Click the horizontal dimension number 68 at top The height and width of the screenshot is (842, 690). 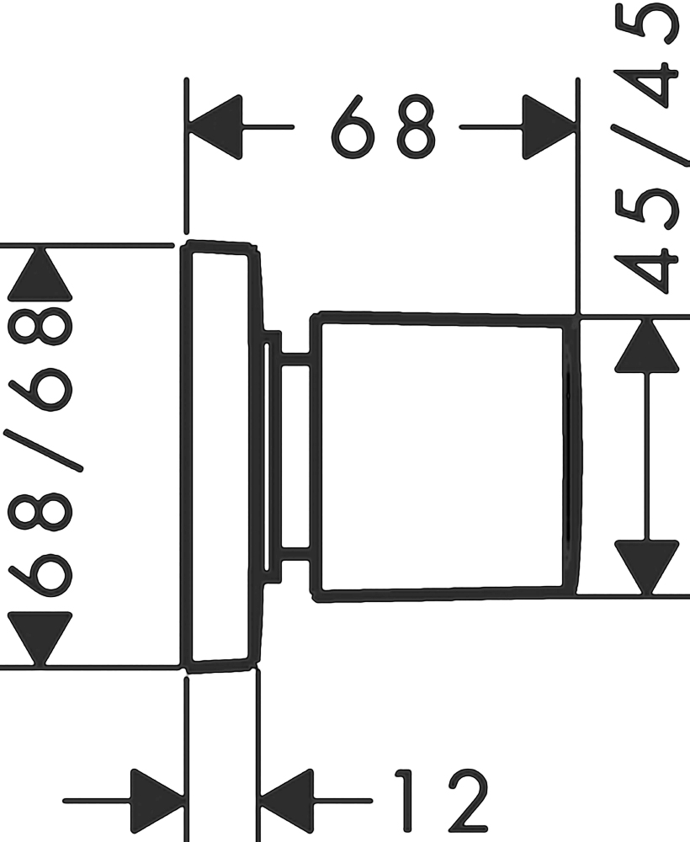[x=383, y=127]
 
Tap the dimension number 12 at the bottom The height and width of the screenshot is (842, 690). [x=441, y=801]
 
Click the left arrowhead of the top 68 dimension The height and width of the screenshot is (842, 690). [x=215, y=127]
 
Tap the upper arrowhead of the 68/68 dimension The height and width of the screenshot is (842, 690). [x=40, y=274]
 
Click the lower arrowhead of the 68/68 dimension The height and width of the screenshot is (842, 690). [x=40, y=639]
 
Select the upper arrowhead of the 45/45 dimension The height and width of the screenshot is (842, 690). [x=647, y=345]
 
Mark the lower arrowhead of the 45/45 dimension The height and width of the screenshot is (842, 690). [x=647, y=567]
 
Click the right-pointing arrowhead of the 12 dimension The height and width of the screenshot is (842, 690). [x=158, y=801]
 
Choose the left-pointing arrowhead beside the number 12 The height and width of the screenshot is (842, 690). [x=286, y=801]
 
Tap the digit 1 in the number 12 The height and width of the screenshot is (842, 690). [x=408, y=801]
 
